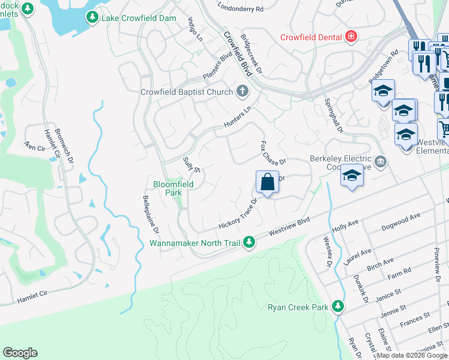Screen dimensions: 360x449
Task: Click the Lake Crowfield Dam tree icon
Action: (x=92, y=17)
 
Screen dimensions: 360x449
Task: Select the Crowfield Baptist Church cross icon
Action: (x=242, y=92)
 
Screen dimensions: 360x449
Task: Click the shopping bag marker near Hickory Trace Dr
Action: (x=267, y=182)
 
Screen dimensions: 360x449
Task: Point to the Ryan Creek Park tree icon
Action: (x=338, y=307)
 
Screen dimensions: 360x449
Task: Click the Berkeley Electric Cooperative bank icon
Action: (x=379, y=161)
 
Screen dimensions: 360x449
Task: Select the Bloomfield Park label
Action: (x=173, y=188)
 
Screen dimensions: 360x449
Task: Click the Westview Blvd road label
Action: (x=289, y=226)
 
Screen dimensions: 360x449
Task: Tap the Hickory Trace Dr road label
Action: (x=238, y=215)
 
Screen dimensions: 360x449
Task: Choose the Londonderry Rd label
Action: (x=241, y=9)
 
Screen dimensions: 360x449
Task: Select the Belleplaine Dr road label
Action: (x=151, y=214)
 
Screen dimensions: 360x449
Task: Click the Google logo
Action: (x=20, y=353)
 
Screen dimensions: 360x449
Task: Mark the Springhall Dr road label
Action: (x=333, y=116)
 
